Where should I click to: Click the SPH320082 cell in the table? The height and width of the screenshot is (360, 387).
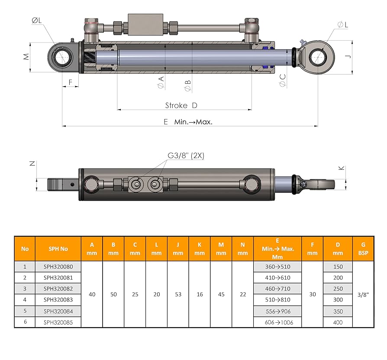(58, 289)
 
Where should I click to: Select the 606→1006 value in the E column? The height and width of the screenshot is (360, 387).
(279, 322)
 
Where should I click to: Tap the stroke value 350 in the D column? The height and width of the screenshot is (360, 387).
(338, 311)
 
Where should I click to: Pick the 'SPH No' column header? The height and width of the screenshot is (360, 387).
(58, 249)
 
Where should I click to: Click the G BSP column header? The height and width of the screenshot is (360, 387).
(363, 249)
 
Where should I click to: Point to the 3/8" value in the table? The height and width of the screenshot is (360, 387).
(363, 294)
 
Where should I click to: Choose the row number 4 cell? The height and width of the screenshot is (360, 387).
(25, 299)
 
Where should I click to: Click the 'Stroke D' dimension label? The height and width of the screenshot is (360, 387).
(181, 105)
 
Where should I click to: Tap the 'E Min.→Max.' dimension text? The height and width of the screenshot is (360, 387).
(188, 122)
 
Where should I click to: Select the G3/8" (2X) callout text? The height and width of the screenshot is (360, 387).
(186, 156)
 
